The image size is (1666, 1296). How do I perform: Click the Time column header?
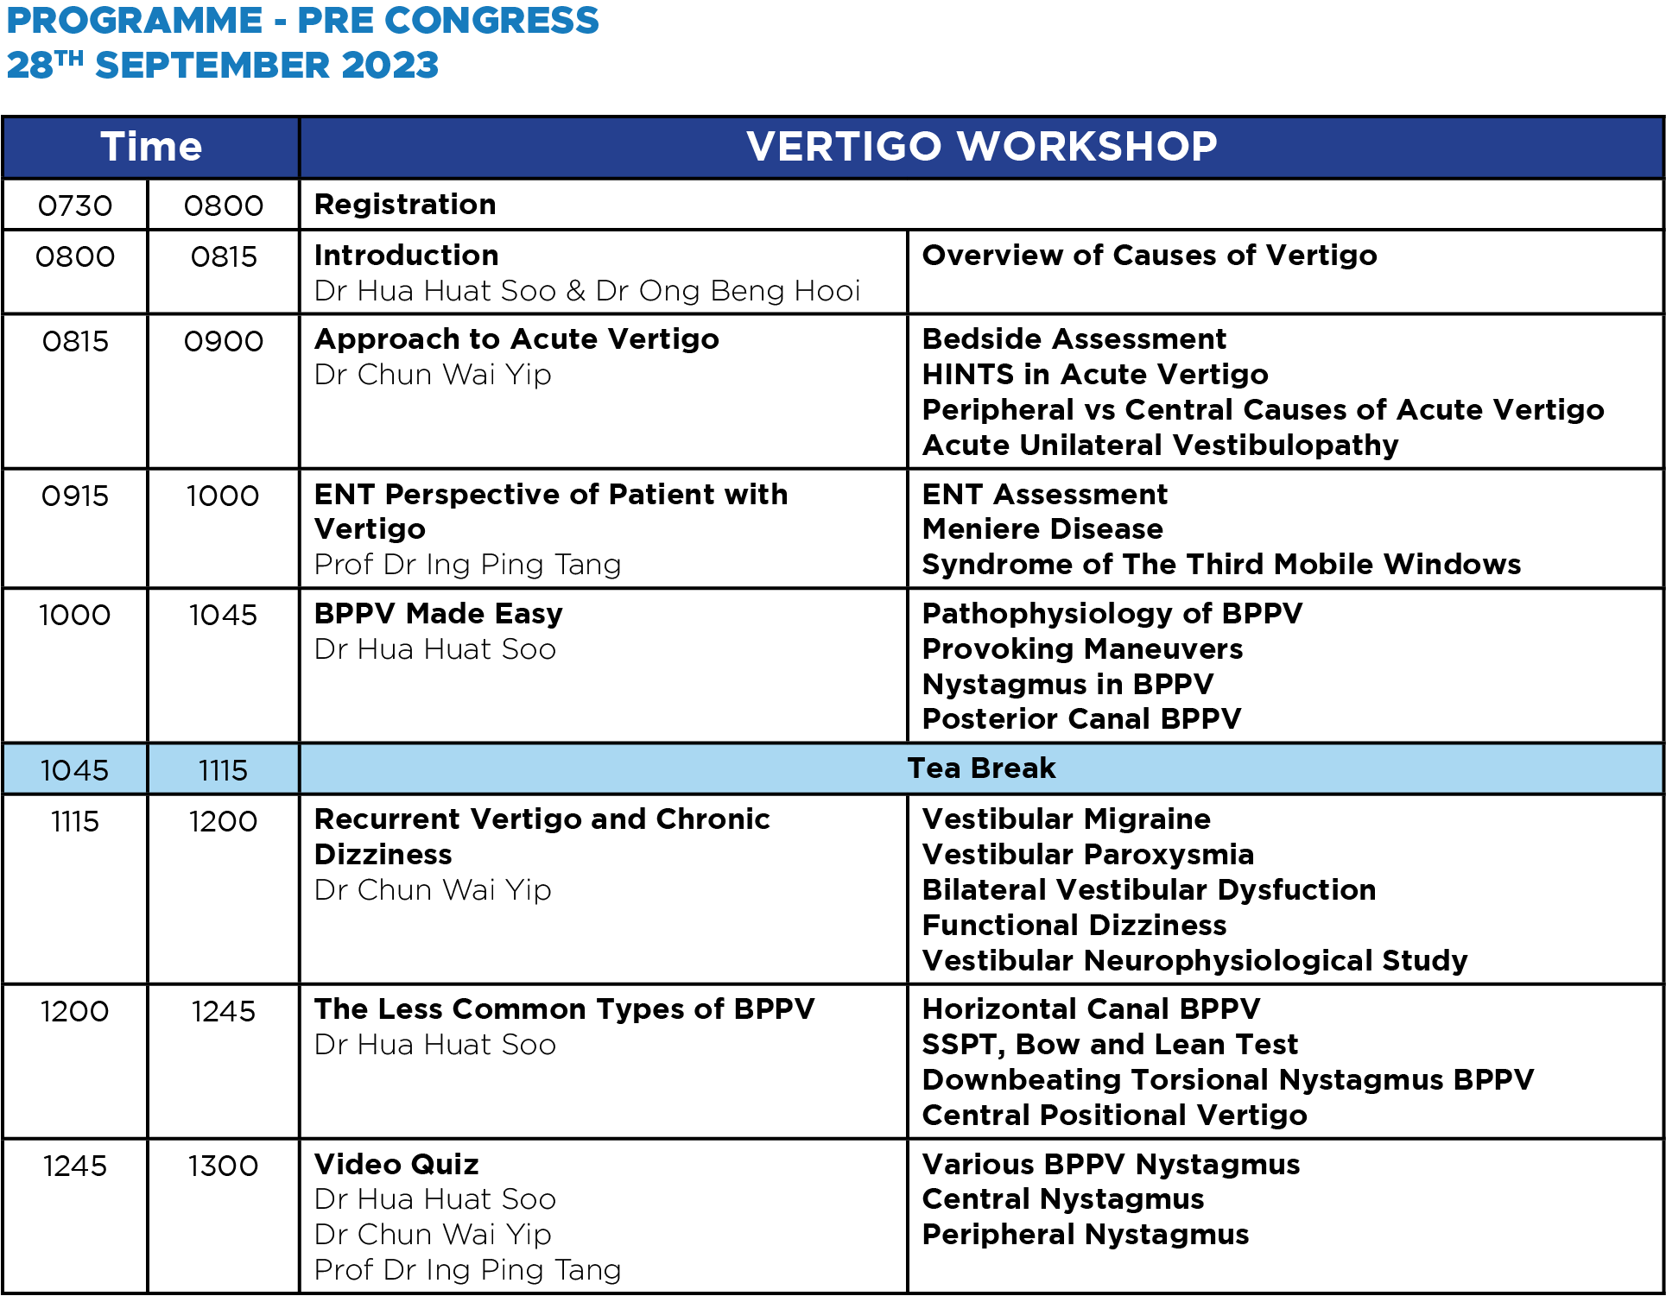pyautogui.click(x=151, y=146)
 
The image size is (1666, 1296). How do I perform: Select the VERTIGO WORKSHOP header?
pyautogui.click(x=982, y=146)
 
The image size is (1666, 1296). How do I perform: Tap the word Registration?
pyautogui.click(x=405, y=205)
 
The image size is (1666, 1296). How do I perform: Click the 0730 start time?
pyautogui.click(x=75, y=205)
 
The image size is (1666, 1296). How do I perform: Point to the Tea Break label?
pyautogui.click(x=982, y=768)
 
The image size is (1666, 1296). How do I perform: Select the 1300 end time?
pyautogui.click(x=223, y=1166)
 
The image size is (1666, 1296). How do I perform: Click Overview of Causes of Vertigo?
pyautogui.click(x=1150, y=256)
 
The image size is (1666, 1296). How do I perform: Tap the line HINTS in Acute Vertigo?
pyautogui.click(x=1095, y=375)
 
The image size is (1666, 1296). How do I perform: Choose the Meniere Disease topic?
pyautogui.click(x=1042, y=529)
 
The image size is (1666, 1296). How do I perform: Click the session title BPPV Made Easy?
pyautogui.click(x=439, y=614)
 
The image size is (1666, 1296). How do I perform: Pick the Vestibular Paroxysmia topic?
pyautogui.click(x=1088, y=855)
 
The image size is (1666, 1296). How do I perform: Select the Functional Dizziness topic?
pyautogui.click(x=1074, y=926)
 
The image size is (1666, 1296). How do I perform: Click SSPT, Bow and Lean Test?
pyautogui.click(x=1110, y=1045)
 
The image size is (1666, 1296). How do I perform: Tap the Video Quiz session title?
pyautogui.click(x=396, y=1165)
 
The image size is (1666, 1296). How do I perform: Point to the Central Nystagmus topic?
pyautogui.click(x=1063, y=1199)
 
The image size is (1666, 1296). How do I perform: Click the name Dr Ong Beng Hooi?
pyautogui.click(x=728, y=291)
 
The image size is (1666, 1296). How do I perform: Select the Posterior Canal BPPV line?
pyautogui.click(x=1081, y=719)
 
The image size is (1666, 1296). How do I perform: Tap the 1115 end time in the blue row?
pyautogui.click(x=223, y=770)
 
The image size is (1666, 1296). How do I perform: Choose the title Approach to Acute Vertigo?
pyautogui.click(x=516, y=339)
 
